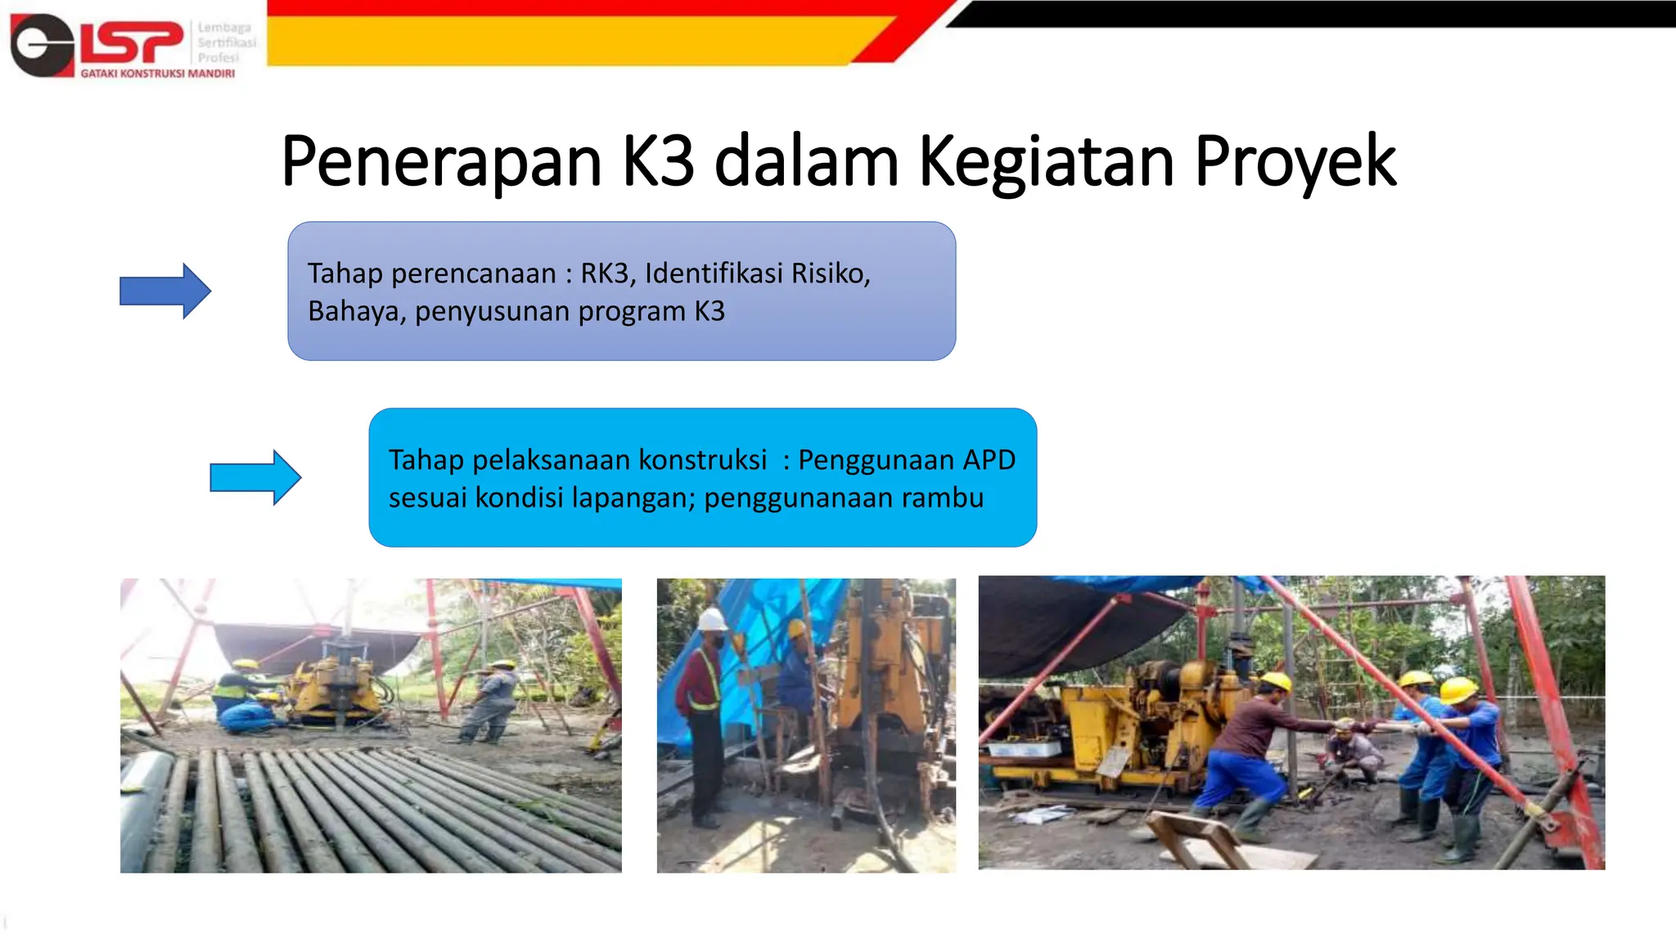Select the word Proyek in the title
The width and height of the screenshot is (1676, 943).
1295,162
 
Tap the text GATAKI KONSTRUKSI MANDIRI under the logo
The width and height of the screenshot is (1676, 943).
157,74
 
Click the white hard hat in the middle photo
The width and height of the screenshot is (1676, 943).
712,619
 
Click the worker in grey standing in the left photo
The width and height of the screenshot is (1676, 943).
491,700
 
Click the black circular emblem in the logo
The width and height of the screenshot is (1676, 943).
41,45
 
